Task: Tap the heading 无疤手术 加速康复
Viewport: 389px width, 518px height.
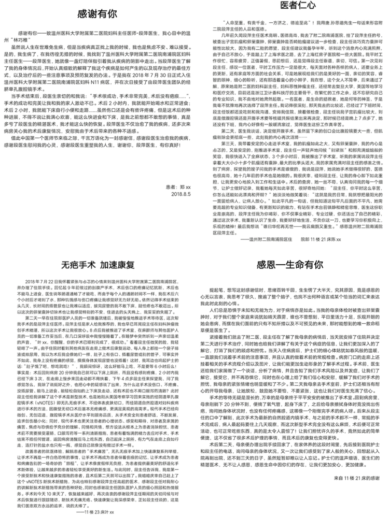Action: (98, 265)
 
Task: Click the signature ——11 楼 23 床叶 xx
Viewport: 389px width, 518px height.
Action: (93, 510)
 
